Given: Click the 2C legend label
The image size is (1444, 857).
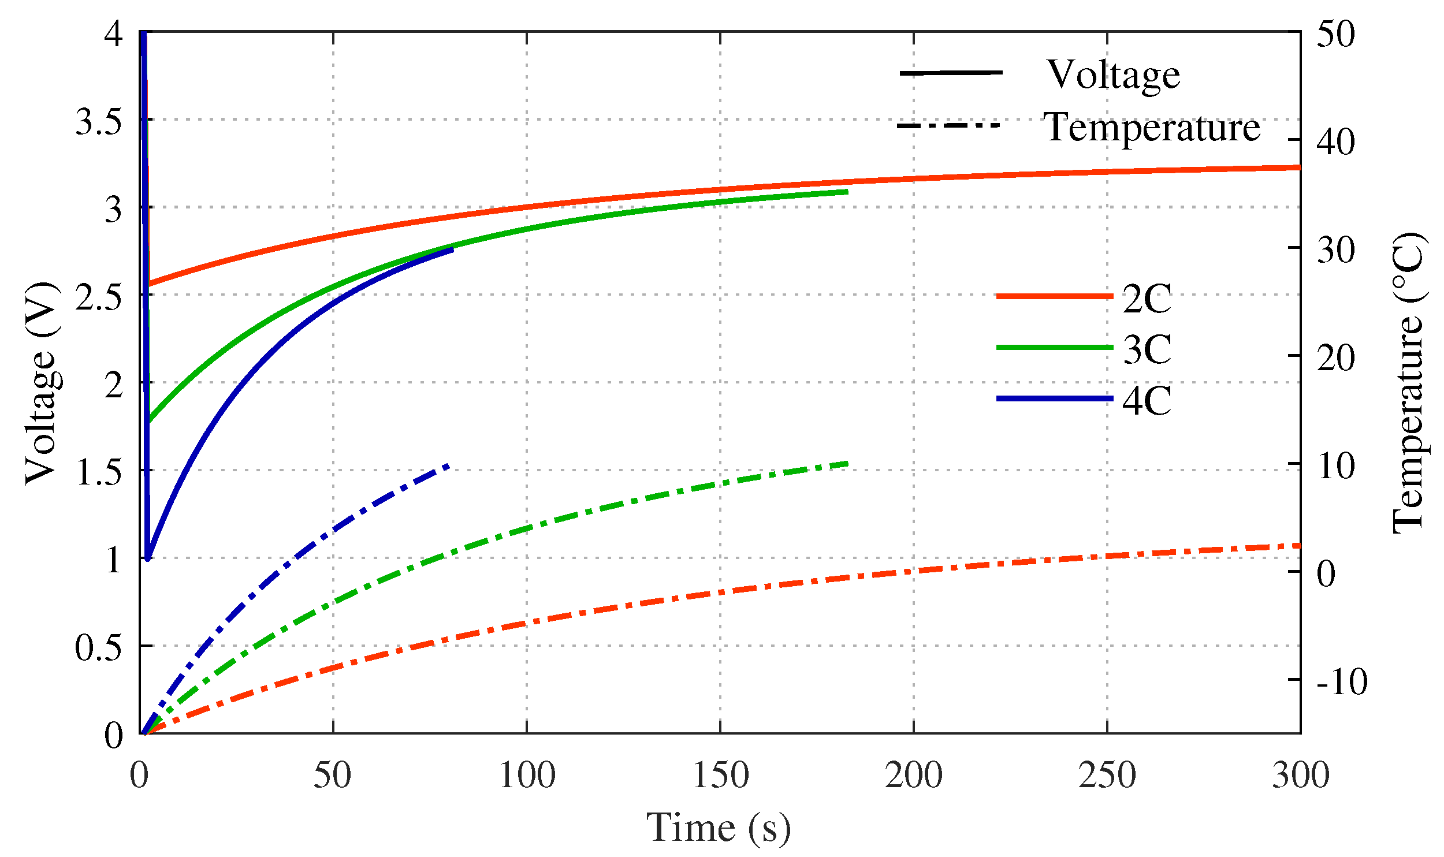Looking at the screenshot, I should (x=1146, y=299).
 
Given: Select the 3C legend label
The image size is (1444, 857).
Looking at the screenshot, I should (x=1146, y=349).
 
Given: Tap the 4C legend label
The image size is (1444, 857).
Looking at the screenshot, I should (x=1146, y=401).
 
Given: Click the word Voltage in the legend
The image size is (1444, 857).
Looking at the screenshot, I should (x=1113, y=75).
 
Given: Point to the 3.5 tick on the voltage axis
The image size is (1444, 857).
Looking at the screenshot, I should (x=99, y=122).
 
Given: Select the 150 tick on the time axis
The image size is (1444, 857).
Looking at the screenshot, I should (x=720, y=776).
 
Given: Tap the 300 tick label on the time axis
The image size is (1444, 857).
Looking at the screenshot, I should (x=1300, y=776).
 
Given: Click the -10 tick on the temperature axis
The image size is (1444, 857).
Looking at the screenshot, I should (x=1342, y=682).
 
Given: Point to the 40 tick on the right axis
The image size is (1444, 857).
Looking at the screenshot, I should (x=1335, y=141).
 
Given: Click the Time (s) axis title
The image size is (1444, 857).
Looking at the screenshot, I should (x=718, y=828).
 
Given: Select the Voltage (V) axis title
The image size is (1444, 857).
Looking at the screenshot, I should (x=42, y=383).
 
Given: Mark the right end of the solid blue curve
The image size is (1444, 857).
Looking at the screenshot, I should (x=452, y=249).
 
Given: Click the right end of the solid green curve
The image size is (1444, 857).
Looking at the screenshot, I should (x=847, y=191).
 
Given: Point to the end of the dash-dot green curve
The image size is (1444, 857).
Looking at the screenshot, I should (x=847, y=463).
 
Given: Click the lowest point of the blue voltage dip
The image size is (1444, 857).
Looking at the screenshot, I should (x=148, y=558).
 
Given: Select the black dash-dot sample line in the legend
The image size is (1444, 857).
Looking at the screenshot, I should (x=949, y=125).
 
